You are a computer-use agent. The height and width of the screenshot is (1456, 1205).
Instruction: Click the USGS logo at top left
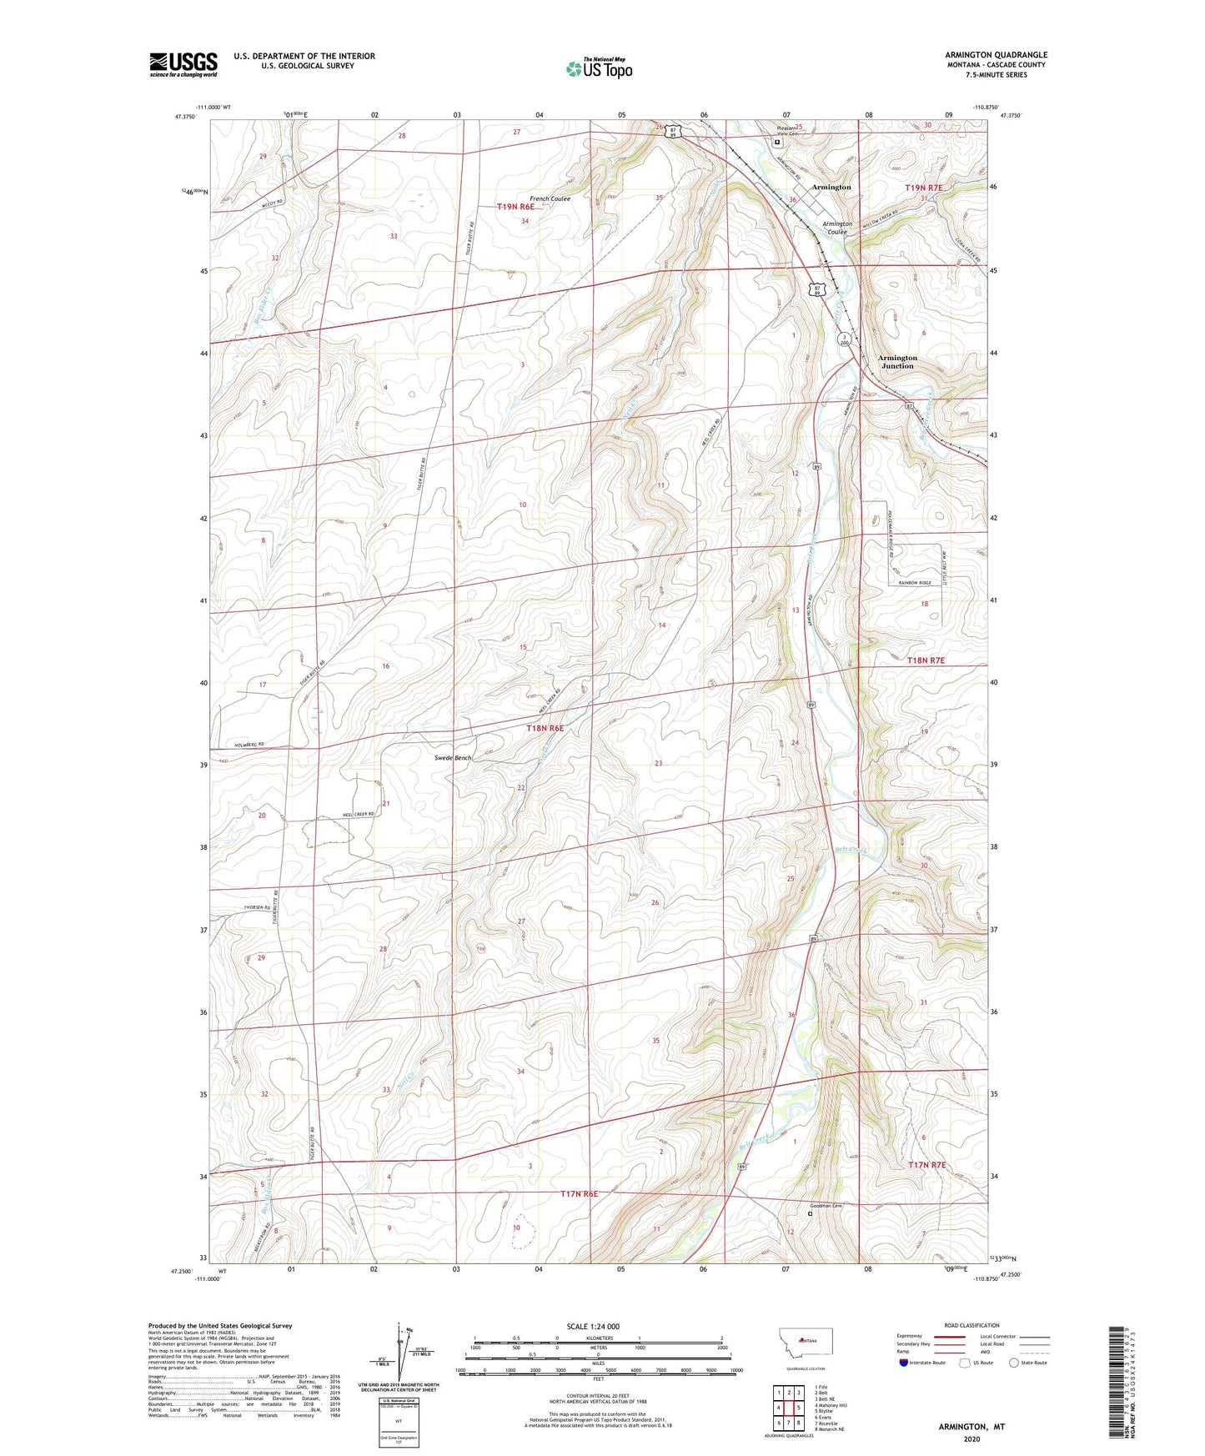pyautogui.click(x=183, y=64)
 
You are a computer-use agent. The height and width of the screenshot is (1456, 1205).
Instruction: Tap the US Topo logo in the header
pyautogui.click(x=599, y=68)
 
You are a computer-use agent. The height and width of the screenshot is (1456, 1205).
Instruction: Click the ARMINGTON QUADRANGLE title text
pyautogui.click(x=996, y=54)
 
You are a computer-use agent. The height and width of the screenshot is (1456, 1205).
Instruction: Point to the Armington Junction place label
pyautogui.click(x=897, y=362)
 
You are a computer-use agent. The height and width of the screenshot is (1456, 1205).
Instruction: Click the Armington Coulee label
pyautogui.click(x=837, y=228)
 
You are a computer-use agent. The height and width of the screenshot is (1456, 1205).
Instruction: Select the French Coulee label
pyautogui.click(x=550, y=199)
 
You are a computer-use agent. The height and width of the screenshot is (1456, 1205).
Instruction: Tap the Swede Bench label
pyautogui.click(x=453, y=758)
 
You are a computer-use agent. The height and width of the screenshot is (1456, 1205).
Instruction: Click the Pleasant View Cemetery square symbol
pyautogui.click(x=777, y=142)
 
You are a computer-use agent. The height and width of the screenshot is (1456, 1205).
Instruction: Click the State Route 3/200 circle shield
pyautogui.click(x=844, y=339)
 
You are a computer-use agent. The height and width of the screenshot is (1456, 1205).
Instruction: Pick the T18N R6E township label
pyautogui.click(x=545, y=728)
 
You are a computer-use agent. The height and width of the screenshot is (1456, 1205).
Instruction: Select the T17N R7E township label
pyautogui.click(x=926, y=1164)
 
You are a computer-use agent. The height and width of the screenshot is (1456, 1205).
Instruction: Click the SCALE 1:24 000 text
pyautogui.click(x=592, y=1327)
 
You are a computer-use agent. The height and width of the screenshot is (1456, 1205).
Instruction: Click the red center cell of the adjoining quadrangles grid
pyautogui.click(x=788, y=1407)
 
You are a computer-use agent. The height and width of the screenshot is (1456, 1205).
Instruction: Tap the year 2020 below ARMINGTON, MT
pyautogui.click(x=971, y=1438)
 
